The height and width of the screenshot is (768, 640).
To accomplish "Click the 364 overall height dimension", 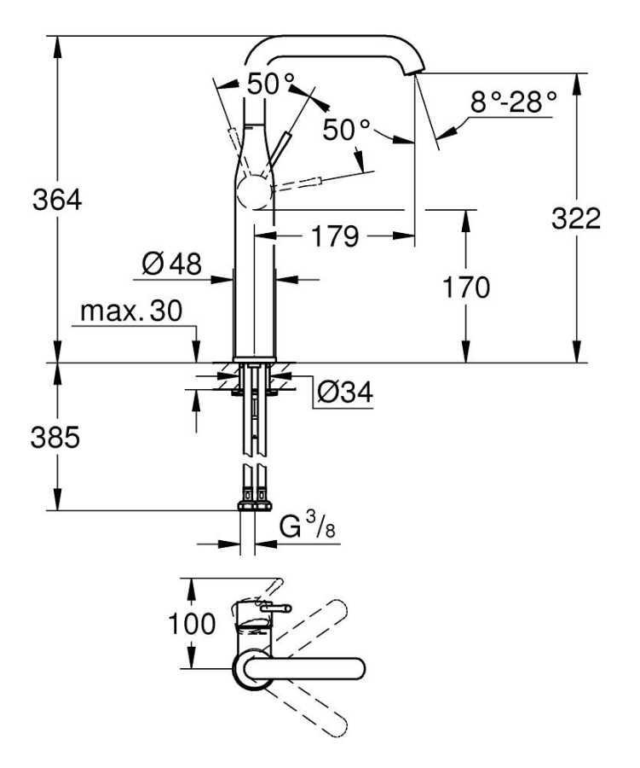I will click(x=56, y=201).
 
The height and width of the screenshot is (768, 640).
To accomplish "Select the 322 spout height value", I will click(x=576, y=218).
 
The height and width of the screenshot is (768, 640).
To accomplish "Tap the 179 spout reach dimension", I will click(x=333, y=236).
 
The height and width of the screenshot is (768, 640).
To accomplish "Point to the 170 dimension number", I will click(x=465, y=288).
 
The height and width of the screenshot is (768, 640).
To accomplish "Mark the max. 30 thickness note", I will click(x=131, y=312).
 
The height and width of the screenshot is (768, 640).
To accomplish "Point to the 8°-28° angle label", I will click(x=513, y=103).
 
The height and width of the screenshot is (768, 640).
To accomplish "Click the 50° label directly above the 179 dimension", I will click(x=347, y=130).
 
